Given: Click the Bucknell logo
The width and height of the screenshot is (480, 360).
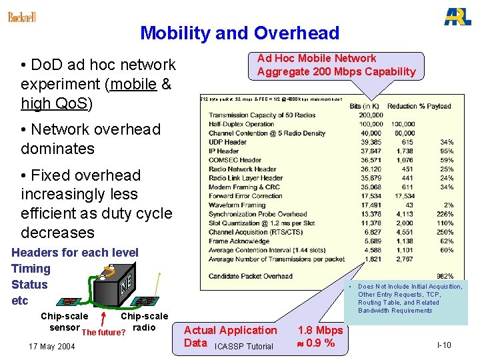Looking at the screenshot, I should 22,17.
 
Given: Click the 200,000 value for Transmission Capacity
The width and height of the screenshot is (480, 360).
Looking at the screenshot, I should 371,115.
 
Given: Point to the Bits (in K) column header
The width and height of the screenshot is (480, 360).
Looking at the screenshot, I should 364,106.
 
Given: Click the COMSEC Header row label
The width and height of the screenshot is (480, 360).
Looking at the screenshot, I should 236,160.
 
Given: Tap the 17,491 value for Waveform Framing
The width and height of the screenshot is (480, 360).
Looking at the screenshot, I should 372,205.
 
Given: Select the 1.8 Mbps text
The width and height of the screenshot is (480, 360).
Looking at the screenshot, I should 320,330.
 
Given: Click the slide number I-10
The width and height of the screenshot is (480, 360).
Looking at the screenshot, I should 444,345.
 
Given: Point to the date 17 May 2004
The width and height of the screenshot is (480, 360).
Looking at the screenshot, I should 52,346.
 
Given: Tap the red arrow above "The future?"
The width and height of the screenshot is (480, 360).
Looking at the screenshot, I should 103,313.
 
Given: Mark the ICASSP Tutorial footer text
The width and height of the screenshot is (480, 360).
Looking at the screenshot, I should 244,346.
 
